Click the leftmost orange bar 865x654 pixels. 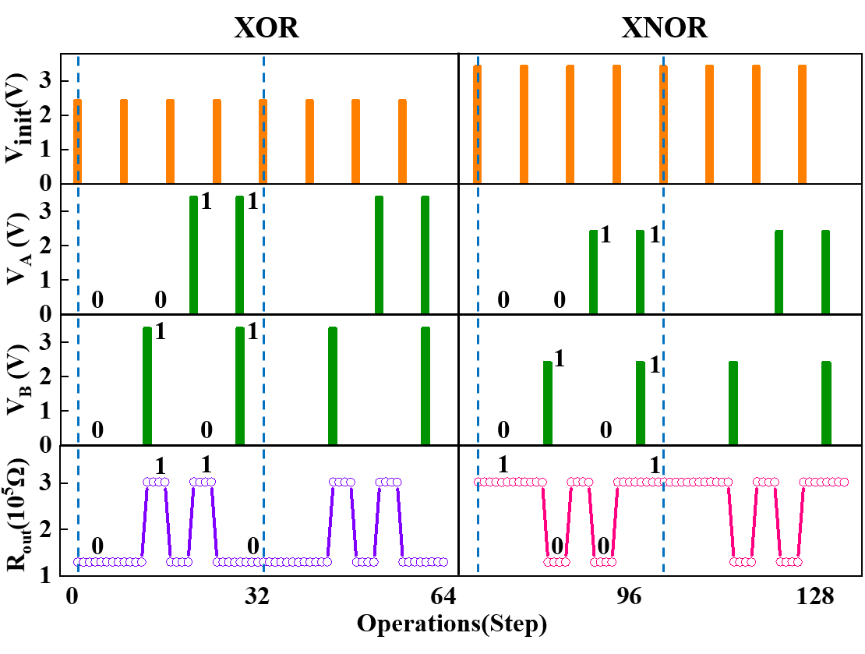click(x=77, y=141)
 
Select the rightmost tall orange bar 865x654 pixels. click(x=803, y=124)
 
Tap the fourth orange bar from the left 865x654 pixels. click(x=217, y=141)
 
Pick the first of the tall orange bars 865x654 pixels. click(x=478, y=124)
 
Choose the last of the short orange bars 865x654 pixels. click(x=402, y=141)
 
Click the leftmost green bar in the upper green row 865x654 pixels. click(x=193, y=254)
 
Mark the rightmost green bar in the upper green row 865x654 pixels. click(x=826, y=271)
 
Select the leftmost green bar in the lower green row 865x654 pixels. click(x=147, y=385)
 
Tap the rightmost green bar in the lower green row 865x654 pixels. click(x=826, y=402)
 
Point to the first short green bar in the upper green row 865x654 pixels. click(x=594, y=271)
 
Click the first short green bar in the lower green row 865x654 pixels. click(x=548, y=402)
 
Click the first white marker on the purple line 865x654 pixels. click(x=78, y=562)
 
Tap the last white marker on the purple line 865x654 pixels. click(x=443, y=562)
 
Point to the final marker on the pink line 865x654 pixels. click(x=844, y=483)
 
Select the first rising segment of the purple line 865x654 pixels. click(x=144, y=522)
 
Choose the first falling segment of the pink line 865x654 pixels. click(x=545, y=522)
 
